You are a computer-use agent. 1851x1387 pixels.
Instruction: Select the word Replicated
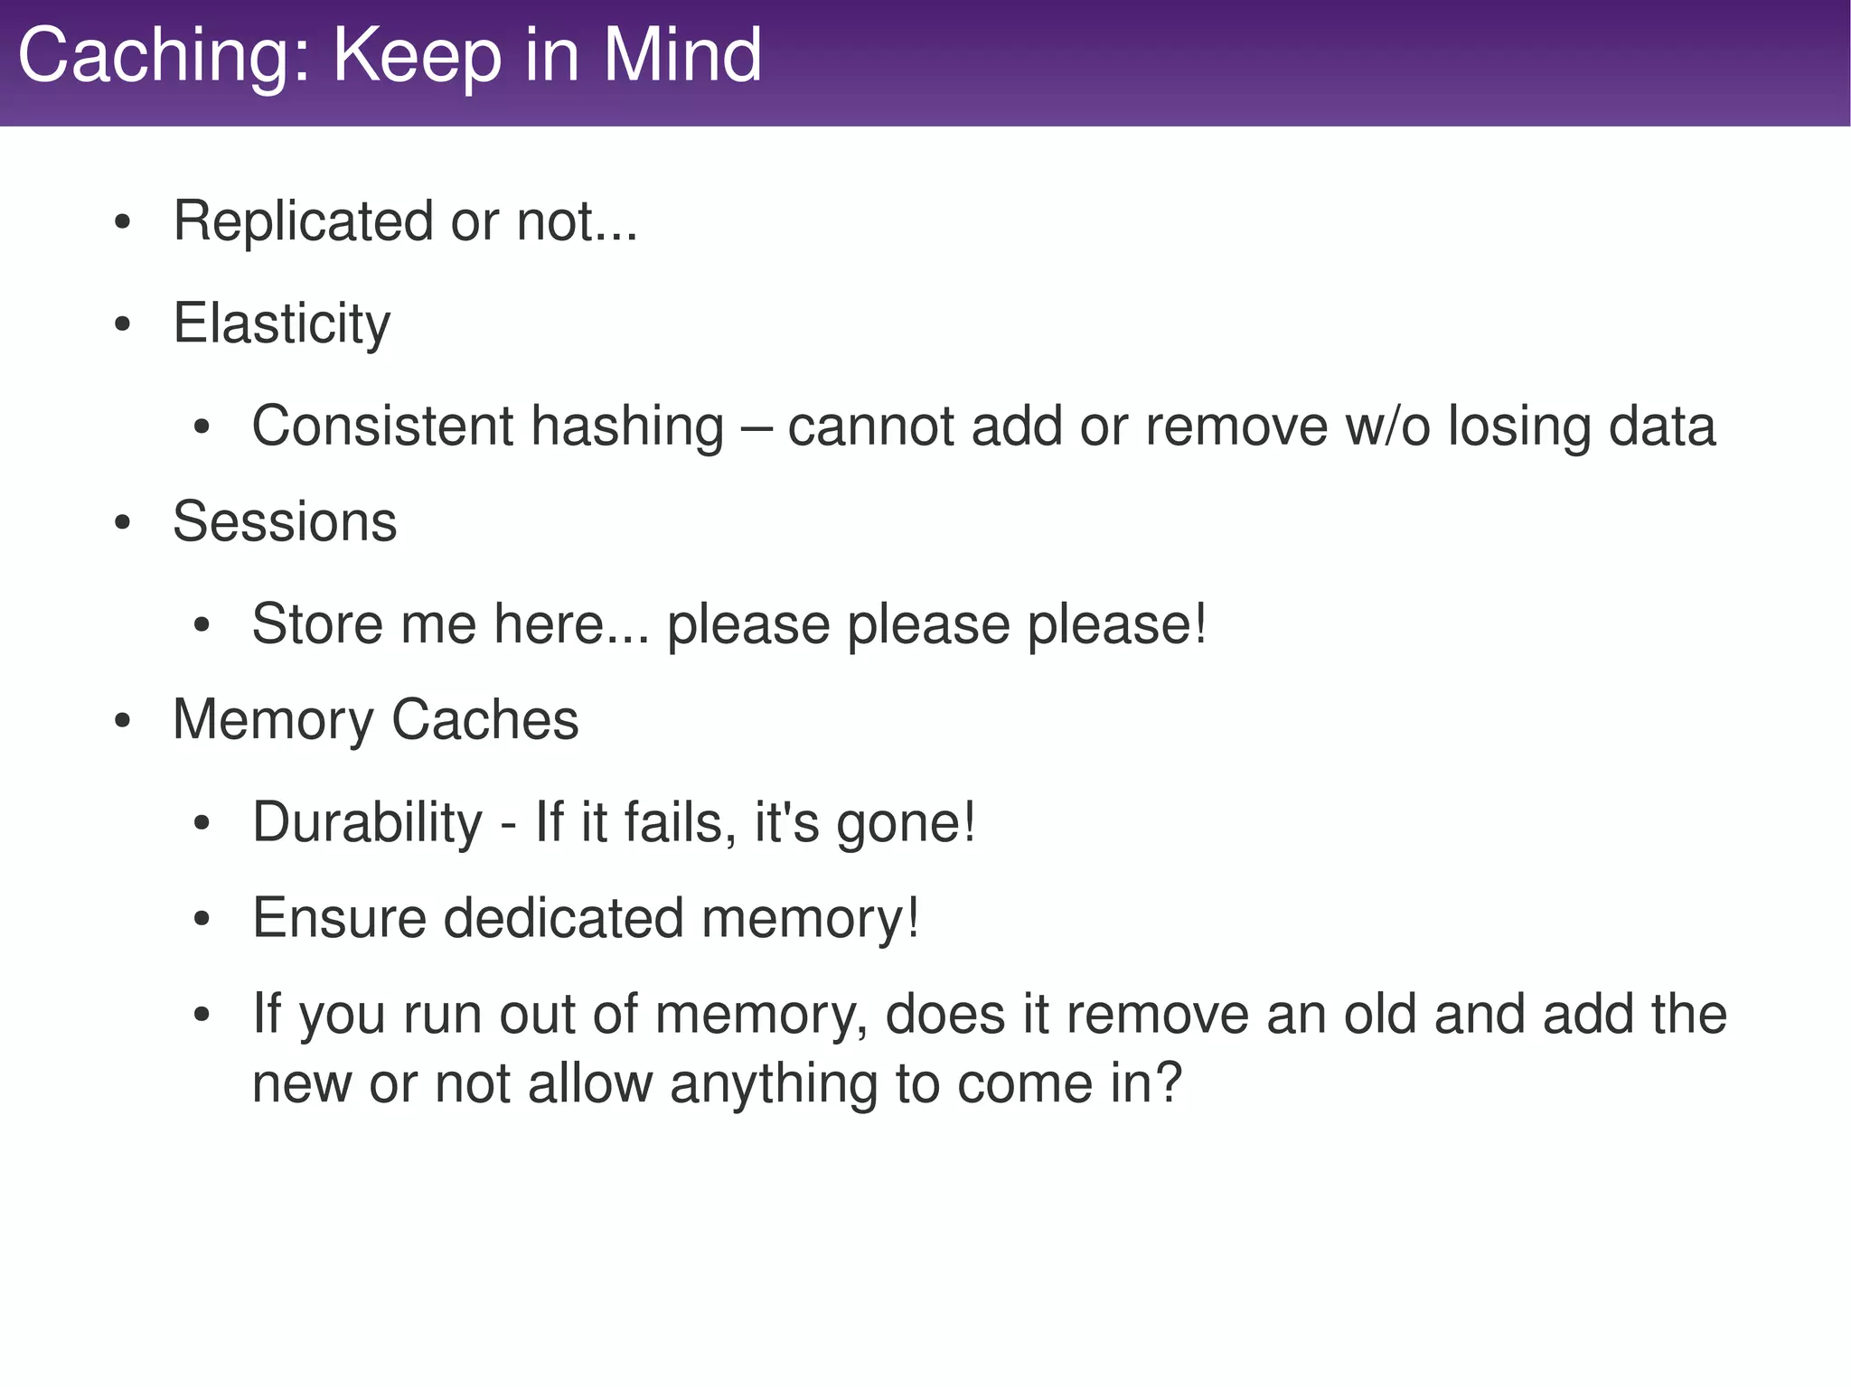click(303, 221)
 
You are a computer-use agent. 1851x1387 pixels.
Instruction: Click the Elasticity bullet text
click(281, 323)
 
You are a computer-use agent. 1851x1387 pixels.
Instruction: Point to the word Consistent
click(381, 426)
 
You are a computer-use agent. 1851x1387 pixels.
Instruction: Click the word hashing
click(627, 427)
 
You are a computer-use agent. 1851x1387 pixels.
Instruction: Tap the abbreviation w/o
click(1387, 426)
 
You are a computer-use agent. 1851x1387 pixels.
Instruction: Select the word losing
click(1518, 427)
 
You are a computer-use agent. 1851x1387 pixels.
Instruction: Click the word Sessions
click(285, 521)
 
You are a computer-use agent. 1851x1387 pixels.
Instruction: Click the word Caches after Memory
click(484, 720)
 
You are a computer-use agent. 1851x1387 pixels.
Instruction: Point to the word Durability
click(367, 823)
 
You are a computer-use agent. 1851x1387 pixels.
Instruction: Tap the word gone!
click(906, 823)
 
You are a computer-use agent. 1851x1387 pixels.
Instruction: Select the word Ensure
click(339, 918)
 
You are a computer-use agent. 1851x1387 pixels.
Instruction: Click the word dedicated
click(563, 918)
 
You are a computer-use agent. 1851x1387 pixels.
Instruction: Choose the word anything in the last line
click(774, 1083)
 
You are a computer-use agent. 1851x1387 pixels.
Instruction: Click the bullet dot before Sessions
click(124, 523)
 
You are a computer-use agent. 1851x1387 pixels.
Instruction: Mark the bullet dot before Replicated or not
click(124, 222)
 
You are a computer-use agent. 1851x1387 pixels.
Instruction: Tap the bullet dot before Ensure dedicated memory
click(202, 920)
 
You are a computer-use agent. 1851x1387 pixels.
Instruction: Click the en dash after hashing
click(756, 427)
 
